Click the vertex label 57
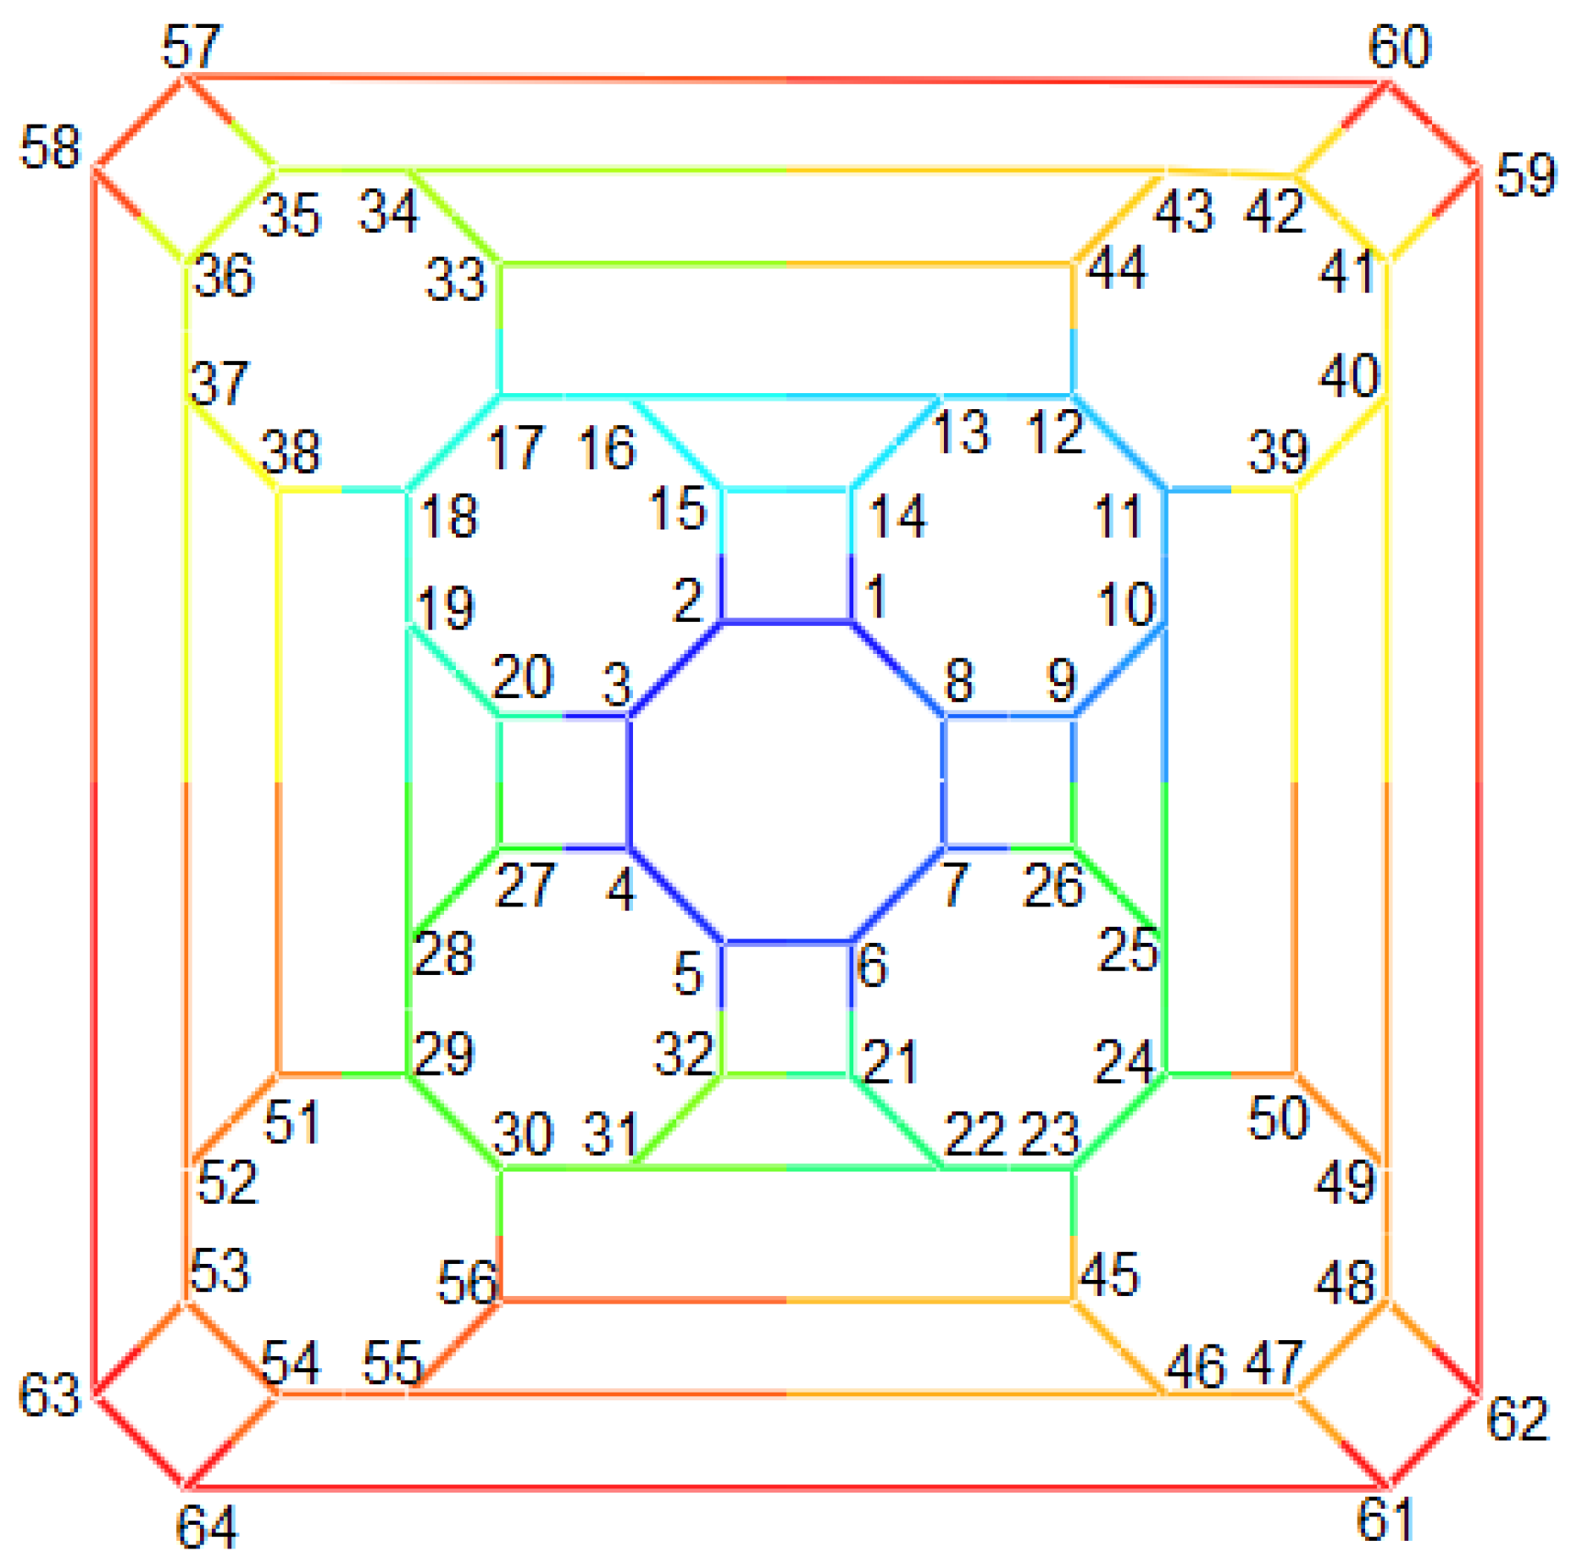[191, 47]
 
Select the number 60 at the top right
[1399, 47]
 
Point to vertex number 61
[1385, 1519]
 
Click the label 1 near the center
[877, 596]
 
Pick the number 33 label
[455, 280]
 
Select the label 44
[1116, 269]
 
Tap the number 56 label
[466, 1282]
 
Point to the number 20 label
[522, 677]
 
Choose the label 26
[1052, 886]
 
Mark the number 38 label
[291, 452]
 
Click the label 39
[1278, 452]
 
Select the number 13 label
[960, 432]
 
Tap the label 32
[683, 1054]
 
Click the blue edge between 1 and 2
[786, 623]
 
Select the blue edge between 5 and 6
[786, 941]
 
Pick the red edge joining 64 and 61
[786, 1487]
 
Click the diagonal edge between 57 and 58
[140, 124]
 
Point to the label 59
[1525, 175]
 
